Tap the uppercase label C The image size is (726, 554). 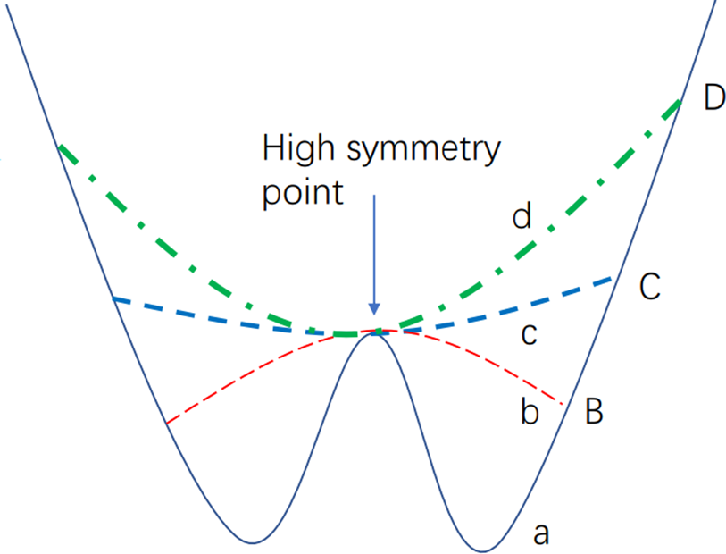coord(649,286)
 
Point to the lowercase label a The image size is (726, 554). coord(541,534)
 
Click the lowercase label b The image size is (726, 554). coord(530,414)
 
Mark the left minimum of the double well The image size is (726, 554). coord(254,542)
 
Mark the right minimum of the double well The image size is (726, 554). coord(483,550)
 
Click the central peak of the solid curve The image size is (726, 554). coord(373,332)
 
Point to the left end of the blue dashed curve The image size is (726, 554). coord(113,298)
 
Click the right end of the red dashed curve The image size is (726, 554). coord(561,404)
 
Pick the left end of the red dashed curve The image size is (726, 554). coord(167,422)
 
